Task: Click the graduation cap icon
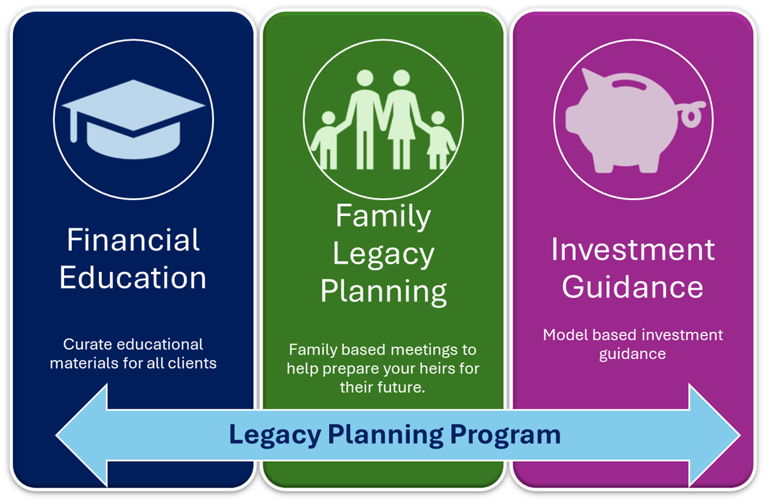coord(133,120)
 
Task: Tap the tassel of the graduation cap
coord(73,125)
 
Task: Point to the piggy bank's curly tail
coord(692,114)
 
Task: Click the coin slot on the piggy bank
coord(628,84)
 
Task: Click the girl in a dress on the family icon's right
coord(439,140)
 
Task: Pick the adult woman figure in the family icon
coord(402,120)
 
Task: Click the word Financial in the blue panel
coord(133,240)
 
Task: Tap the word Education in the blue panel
coord(133,278)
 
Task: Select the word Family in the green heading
coord(383,217)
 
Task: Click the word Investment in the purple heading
coord(633,249)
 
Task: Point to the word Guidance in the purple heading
coord(633,287)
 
